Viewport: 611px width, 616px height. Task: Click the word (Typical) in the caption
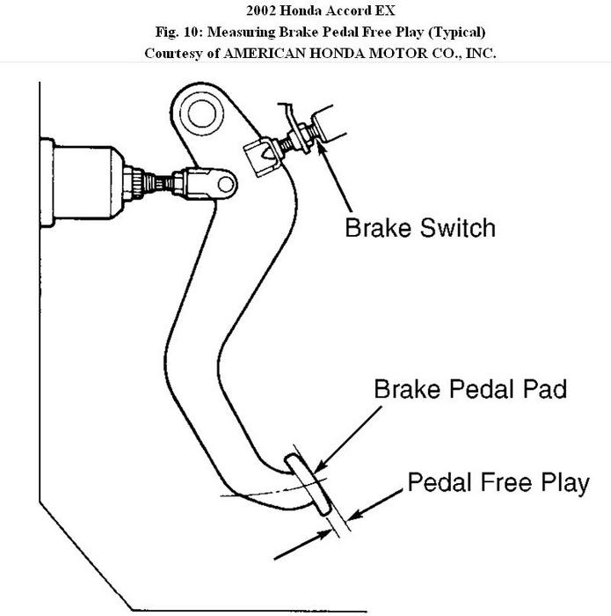tap(452, 32)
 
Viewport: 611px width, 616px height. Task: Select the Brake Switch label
tap(419, 227)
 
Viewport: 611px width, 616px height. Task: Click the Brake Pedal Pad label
tap(470, 389)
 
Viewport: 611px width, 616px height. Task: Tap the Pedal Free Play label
tap(498, 483)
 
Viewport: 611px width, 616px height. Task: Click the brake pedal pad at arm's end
tap(309, 485)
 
